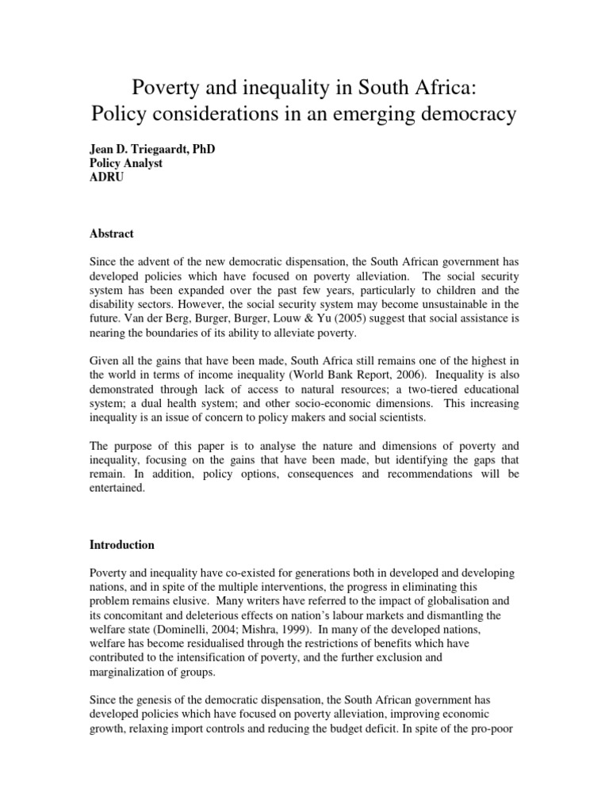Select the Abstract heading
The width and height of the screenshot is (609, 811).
tap(111, 234)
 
